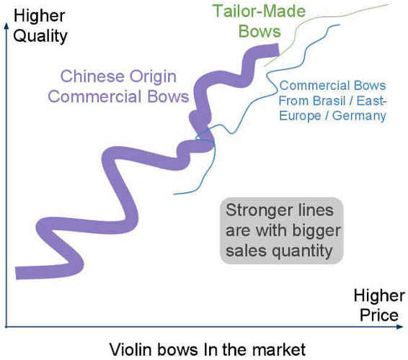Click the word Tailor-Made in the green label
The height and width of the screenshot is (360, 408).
click(x=260, y=11)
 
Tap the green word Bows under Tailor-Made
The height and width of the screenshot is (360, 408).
click(x=260, y=31)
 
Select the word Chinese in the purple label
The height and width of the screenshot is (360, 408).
click(x=92, y=76)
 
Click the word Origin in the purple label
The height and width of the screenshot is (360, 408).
click(x=153, y=77)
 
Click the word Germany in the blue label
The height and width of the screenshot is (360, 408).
click(x=359, y=116)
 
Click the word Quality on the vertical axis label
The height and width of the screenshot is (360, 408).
click(x=40, y=36)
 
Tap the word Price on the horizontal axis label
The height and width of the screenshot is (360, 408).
click(x=379, y=315)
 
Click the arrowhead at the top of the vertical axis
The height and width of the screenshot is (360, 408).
click(x=6, y=24)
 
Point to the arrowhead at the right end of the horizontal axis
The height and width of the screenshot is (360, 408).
click(x=401, y=327)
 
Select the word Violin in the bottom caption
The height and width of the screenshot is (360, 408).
click(x=130, y=349)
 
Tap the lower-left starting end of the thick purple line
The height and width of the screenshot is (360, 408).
click(x=16, y=273)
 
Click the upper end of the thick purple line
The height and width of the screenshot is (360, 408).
click(x=278, y=50)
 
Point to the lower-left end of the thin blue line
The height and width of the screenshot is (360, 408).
click(x=174, y=194)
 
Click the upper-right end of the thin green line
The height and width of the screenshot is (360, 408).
click(x=388, y=4)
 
